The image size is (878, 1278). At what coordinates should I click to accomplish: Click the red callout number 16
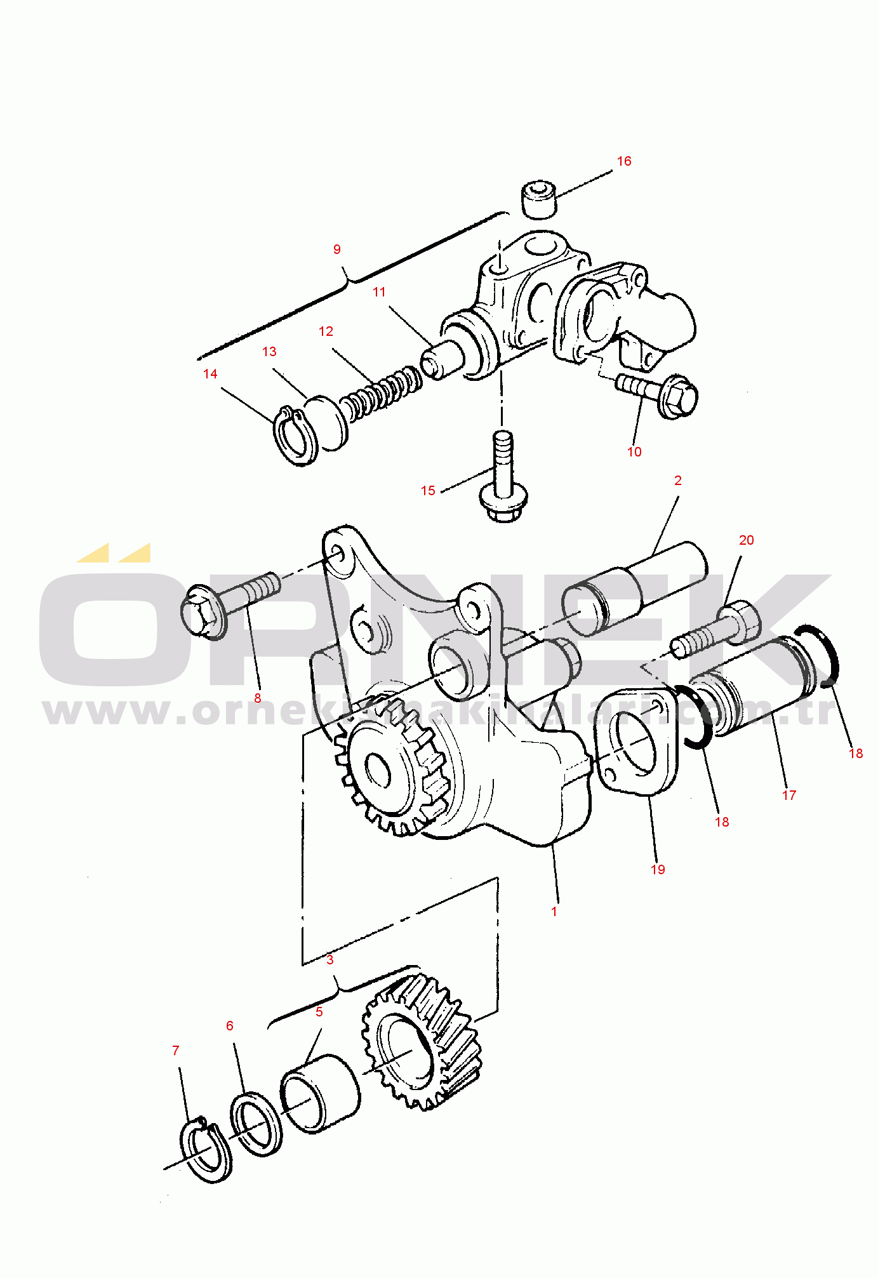624,161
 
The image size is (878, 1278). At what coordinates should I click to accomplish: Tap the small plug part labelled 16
538,199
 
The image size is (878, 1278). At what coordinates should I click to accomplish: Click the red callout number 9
337,250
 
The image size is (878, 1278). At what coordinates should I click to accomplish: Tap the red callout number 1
554,911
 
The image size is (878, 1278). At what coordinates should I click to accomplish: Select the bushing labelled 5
320,1093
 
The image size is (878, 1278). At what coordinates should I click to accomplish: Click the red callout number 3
330,959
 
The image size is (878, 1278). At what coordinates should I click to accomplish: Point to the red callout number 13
269,352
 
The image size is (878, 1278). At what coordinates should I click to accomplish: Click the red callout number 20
747,540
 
